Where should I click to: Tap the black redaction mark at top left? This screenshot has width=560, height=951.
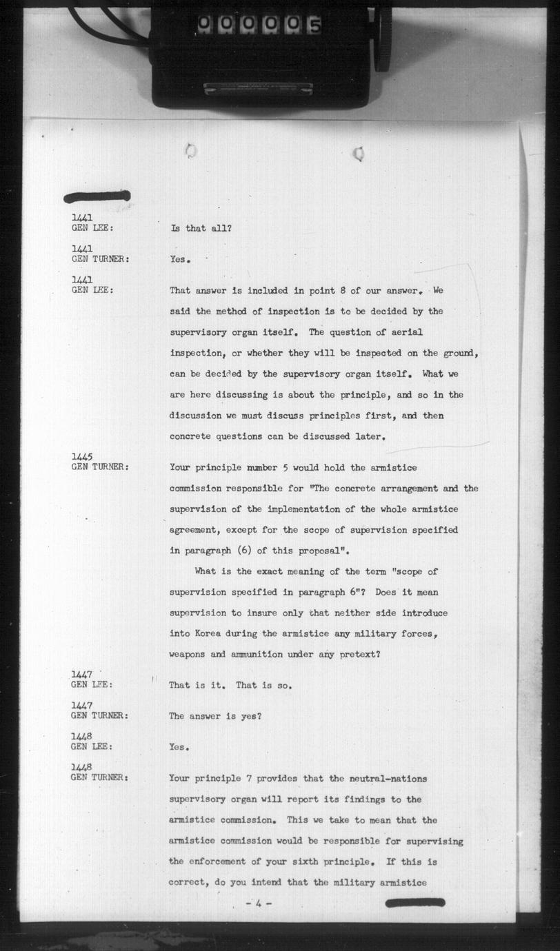coord(97,196)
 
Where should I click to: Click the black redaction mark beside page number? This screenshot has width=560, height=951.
coord(414,903)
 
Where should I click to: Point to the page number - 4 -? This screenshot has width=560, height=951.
coord(259,903)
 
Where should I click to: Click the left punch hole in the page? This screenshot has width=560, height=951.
coord(191,151)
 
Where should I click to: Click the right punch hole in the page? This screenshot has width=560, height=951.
coord(359,154)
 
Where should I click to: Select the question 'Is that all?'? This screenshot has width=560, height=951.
coord(201,228)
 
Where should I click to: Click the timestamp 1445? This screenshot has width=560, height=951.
coord(83,457)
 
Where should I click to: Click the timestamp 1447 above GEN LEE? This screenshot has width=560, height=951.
coord(83,674)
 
